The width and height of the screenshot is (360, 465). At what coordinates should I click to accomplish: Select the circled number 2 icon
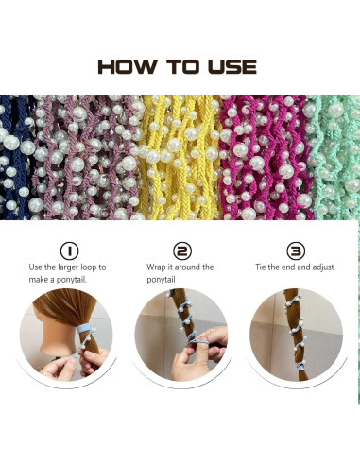[x=181, y=251]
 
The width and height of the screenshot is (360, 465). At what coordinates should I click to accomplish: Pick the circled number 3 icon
[x=294, y=251]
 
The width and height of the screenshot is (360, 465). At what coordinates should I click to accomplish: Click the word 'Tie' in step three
[x=264, y=267]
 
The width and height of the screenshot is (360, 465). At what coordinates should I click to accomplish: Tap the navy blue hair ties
[x=15, y=156]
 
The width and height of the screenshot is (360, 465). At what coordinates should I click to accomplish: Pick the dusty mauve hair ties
[x=85, y=156]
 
